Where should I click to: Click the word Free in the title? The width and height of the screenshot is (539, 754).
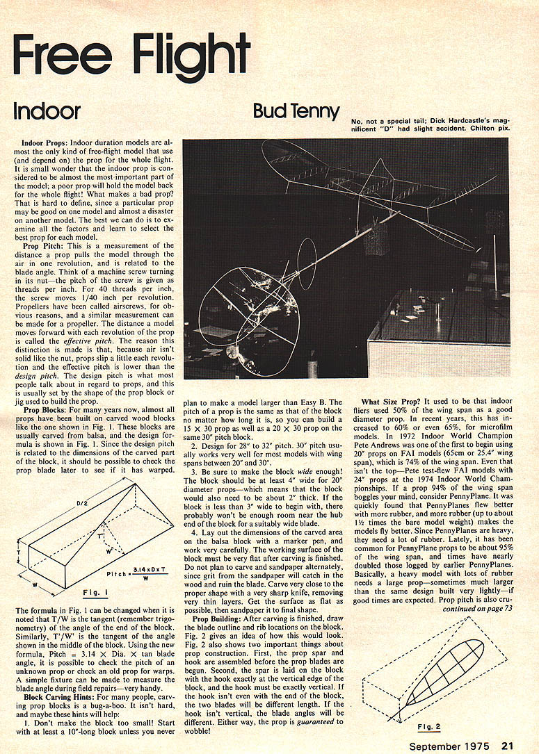point(66,52)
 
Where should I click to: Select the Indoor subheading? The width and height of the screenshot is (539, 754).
point(47,110)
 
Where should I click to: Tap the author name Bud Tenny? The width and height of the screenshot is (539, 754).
point(296,110)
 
